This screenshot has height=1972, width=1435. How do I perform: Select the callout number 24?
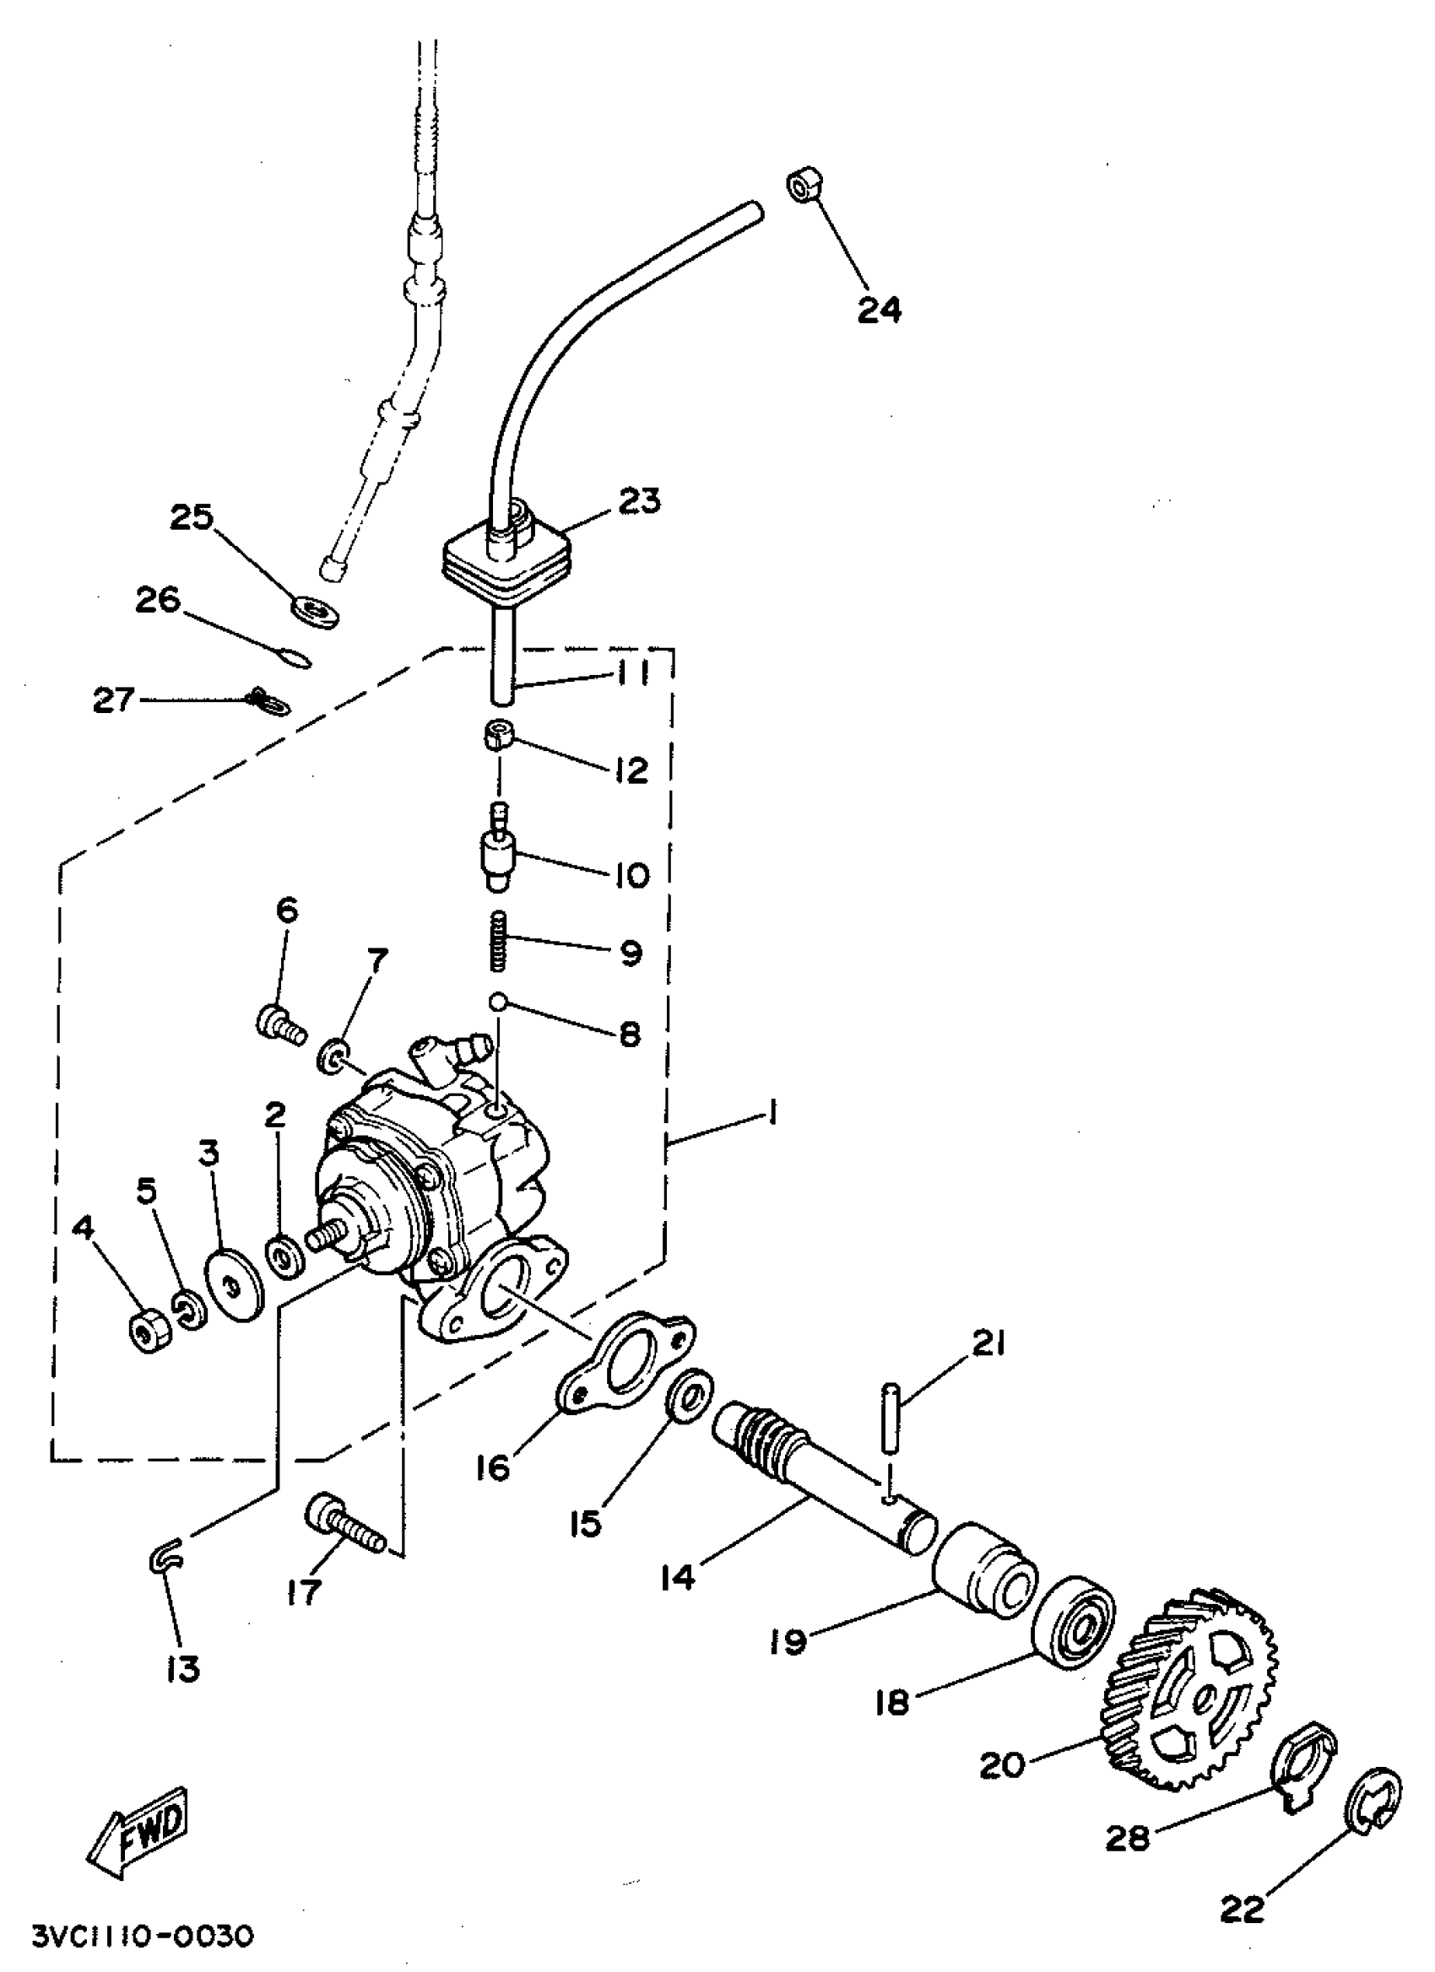click(880, 310)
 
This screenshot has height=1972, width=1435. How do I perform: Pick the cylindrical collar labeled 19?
click(984, 1575)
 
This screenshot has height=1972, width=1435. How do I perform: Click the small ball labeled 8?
click(497, 1002)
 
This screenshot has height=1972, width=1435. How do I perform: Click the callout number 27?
click(114, 699)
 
